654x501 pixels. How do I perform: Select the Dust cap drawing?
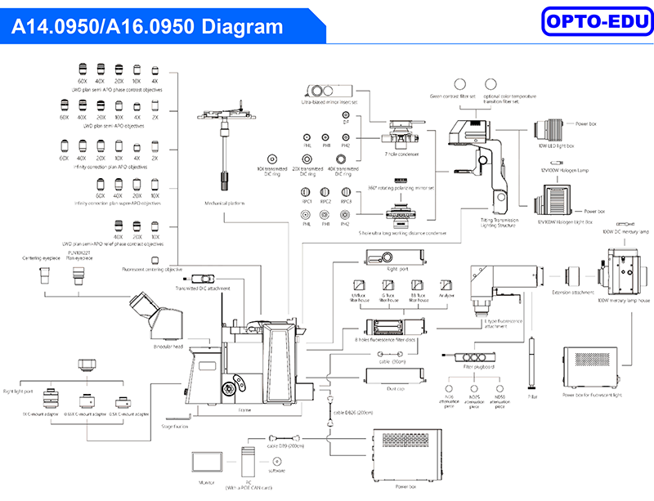coord(396,376)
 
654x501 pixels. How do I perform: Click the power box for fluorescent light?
coord(591,372)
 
